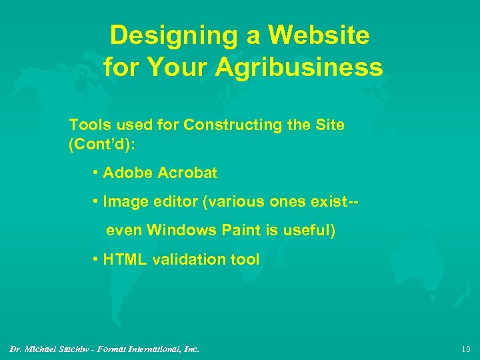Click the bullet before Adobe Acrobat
[x=97, y=173]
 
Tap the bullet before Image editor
[x=97, y=202]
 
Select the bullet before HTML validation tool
[x=97, y=259]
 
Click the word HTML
[x=125, y=259]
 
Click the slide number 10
[x=465, y=349]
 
